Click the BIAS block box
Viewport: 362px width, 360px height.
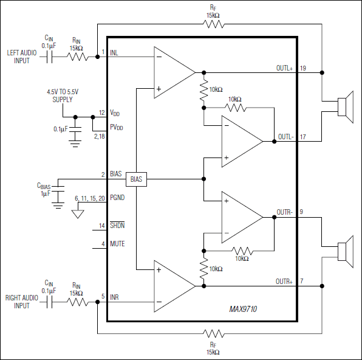(x=136, y=179)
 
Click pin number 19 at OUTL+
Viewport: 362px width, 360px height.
(x=302, y=68)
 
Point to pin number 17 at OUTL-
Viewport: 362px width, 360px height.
(x=302, y=136)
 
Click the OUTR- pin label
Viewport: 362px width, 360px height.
(x=284, y=212)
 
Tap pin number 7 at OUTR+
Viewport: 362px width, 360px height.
(x=302, y=282)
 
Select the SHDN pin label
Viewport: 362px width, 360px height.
(x=117, y=226)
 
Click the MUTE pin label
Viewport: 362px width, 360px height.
(x=117, y=244)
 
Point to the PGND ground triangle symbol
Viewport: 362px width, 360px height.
(x=76, y=213)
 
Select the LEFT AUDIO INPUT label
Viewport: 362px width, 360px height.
(x=21, y=57)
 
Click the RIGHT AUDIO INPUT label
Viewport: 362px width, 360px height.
(x=21, y=302)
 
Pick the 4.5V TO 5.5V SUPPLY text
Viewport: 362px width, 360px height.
(x=63, y=95)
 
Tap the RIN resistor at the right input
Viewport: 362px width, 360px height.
(x=76, y=302)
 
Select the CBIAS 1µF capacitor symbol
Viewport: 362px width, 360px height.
(x=59, y=192)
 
